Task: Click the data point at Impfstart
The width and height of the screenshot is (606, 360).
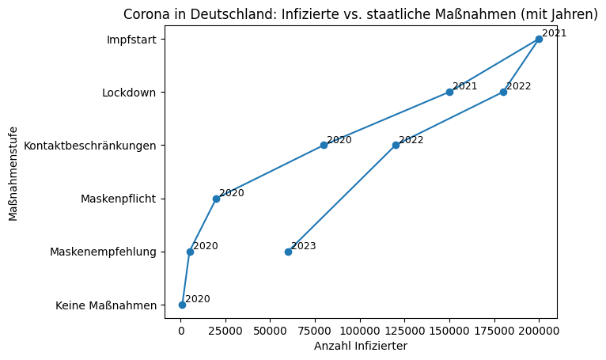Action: pos(539,39)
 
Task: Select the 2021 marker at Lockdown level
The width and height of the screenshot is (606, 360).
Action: pos(449,92)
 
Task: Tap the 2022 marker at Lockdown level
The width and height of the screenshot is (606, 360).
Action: pos(503,92)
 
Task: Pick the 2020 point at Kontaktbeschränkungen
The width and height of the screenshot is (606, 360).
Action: pos(324,145)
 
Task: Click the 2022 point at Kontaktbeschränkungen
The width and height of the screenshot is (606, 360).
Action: pos(396,145)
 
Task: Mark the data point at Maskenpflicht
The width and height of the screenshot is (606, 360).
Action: pos(216,199)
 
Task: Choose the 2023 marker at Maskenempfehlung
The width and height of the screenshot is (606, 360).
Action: pos(288,252)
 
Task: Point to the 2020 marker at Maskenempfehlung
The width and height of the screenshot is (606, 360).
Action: pos(190,252)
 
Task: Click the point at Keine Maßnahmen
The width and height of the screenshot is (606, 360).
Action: pos(182,305)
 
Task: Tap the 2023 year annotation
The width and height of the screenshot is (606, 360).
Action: pos(304,246)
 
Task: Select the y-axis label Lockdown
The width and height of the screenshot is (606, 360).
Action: pos(129,92)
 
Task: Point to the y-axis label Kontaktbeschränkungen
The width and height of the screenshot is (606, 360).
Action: pos(90,145)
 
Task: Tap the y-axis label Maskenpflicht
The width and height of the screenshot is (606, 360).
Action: pos(118,199)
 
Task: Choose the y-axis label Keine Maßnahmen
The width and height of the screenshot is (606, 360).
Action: pos(106,305)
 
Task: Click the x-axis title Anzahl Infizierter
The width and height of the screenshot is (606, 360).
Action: pos(361,346)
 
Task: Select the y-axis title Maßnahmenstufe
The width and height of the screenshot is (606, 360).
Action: pos(13,172)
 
